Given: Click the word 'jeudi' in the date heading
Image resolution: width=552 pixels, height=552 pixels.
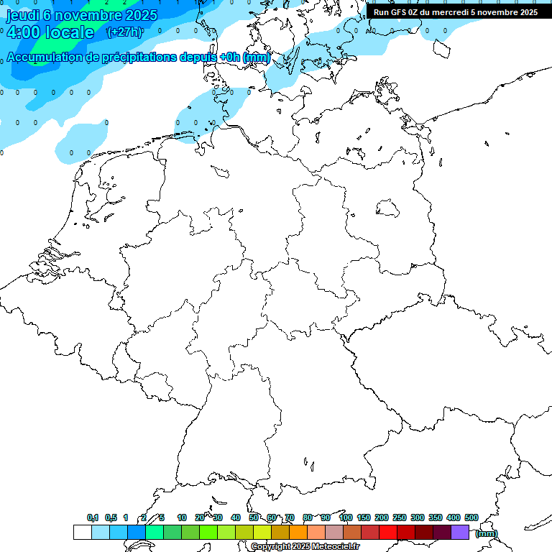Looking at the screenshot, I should coord(22,15).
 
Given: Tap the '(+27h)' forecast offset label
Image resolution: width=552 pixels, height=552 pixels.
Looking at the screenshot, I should coord(124,32).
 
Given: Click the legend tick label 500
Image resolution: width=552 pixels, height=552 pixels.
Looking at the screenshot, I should coord(471,517).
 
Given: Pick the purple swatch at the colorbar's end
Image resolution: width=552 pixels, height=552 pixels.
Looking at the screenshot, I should coord(460,532).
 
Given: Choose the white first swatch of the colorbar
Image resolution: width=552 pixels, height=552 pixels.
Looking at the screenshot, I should coord(82,532).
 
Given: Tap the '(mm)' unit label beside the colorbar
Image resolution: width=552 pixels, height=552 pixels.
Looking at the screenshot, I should coord(487,533).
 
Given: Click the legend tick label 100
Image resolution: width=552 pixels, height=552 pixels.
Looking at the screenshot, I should coord(345,517).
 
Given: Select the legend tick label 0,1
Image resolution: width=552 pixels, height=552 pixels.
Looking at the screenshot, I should coord(93,517).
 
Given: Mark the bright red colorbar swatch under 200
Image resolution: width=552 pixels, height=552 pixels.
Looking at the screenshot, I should coord(388,532).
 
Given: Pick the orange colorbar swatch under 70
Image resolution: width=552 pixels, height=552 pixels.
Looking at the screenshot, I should coord(298,532).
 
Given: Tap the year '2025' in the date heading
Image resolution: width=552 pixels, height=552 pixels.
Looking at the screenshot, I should coord(140,15).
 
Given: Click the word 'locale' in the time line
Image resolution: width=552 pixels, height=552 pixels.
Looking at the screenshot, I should coord(69,32).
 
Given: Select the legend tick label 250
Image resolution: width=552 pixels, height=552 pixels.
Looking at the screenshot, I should coord(400,517).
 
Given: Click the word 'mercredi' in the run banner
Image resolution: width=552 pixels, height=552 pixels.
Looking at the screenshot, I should coord(451,11).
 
